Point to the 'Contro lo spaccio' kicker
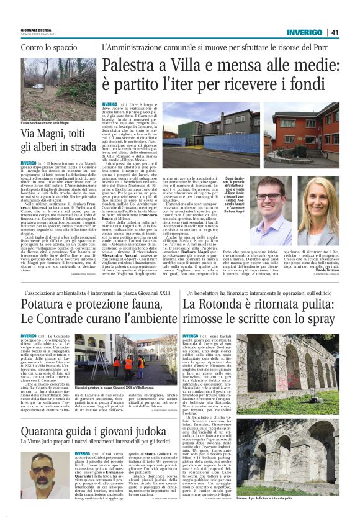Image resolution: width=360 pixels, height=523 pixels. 45,47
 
